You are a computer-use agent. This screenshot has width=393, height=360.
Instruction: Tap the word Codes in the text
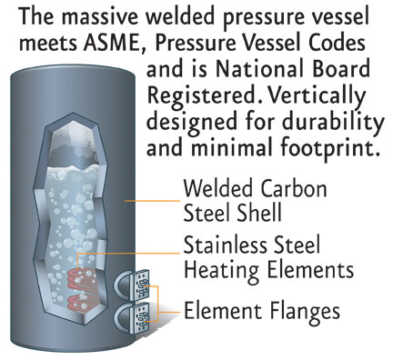click(343, 43)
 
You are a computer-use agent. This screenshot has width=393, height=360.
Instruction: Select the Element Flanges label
click(262, 311)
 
